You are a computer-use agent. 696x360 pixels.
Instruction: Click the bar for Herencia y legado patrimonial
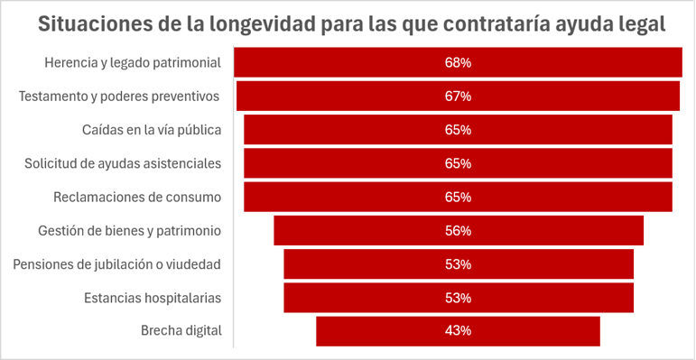click(458, 62)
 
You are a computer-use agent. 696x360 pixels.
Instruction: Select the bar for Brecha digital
click(458, 331)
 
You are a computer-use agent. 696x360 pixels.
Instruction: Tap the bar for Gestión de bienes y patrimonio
click(459, 230)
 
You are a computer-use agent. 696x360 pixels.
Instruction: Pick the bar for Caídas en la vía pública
click(458, 130)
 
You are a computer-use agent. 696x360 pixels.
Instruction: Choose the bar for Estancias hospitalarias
click(459, 298)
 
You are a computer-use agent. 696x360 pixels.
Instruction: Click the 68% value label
click(458, 62)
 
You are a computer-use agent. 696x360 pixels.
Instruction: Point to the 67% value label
click(458, 97)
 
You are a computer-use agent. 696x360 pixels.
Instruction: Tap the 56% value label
click(458, 231)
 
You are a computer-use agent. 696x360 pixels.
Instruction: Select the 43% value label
click(458, 331)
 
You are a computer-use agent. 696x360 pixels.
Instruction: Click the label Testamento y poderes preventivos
click(119, 97)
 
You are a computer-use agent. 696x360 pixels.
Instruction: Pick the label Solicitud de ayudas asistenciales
click(123, 163)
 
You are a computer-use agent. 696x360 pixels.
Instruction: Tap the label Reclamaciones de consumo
click(137, 197)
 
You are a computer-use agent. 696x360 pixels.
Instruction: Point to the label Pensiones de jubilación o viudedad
click(116, 264)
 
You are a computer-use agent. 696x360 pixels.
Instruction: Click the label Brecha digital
click(181, 331)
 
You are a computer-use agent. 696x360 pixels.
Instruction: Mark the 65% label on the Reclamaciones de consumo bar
click(458, 197)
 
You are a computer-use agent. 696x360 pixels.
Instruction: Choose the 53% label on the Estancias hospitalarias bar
click(458, 298)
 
